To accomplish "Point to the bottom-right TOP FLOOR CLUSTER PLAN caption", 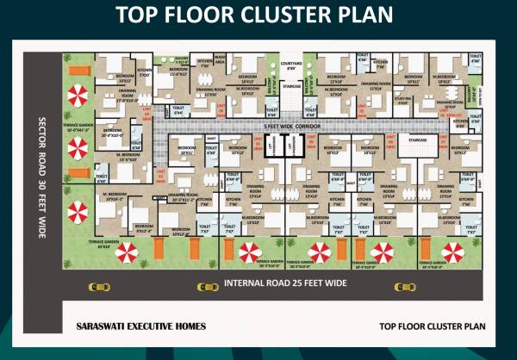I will pyautogui.click(x=433, y=327).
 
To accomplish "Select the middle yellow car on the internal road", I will pyautogui.click(x=207, y=286).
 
